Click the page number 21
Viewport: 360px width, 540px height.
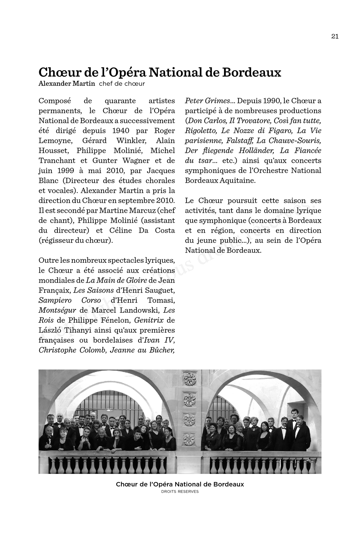[335, 36]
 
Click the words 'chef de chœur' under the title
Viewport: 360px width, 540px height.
[122, 84]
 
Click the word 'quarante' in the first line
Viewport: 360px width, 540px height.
[120, 101]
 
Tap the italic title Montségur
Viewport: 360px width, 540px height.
[57, 310]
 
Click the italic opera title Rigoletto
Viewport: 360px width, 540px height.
[201, 131]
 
